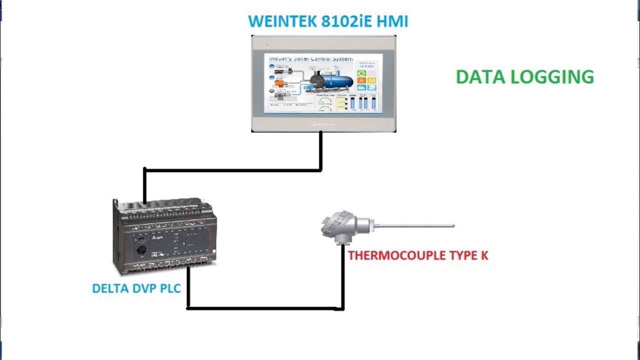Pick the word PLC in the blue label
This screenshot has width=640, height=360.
pos(168,288)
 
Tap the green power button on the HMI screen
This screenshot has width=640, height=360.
pos(361,73)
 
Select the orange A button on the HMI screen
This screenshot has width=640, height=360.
pos(361,80)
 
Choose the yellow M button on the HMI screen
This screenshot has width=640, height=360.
pos(372,80)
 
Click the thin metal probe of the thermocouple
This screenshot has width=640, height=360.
pos(415,226)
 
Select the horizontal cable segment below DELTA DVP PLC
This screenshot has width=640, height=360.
pos(265,308)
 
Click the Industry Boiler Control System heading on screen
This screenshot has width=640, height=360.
pos(311,59)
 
